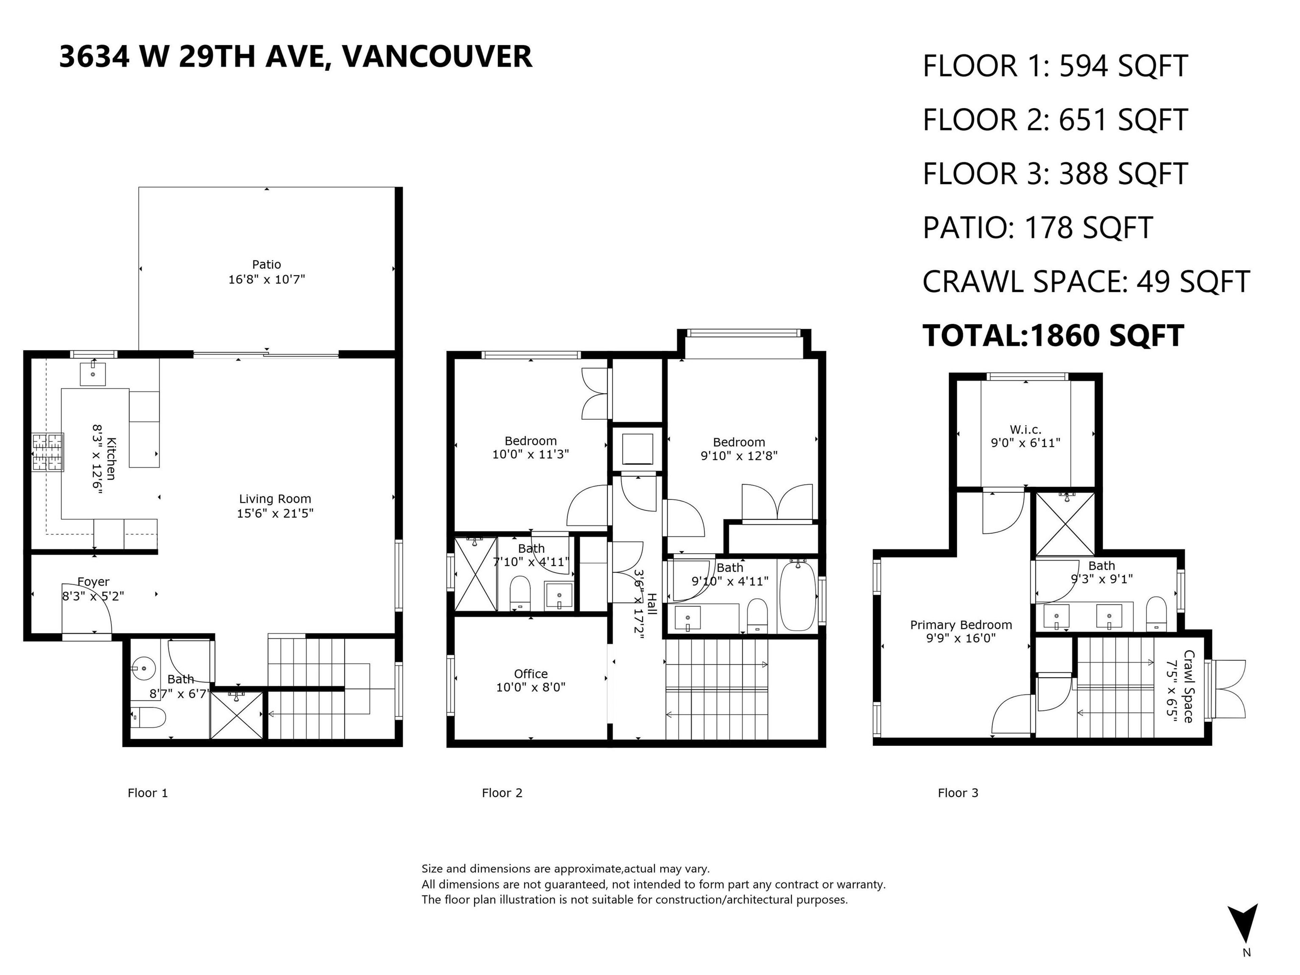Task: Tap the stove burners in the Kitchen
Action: (48, 452)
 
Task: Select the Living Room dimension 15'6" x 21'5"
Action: (275, 513)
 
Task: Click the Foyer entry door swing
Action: (87, 608)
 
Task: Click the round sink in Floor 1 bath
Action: (141, 668)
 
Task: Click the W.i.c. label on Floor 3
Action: (1025, 430)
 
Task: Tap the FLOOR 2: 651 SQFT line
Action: (1055, 120)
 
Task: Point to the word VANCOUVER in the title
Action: (437, 57)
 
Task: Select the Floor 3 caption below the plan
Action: (957, 793)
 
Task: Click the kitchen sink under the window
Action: (93, 374)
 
